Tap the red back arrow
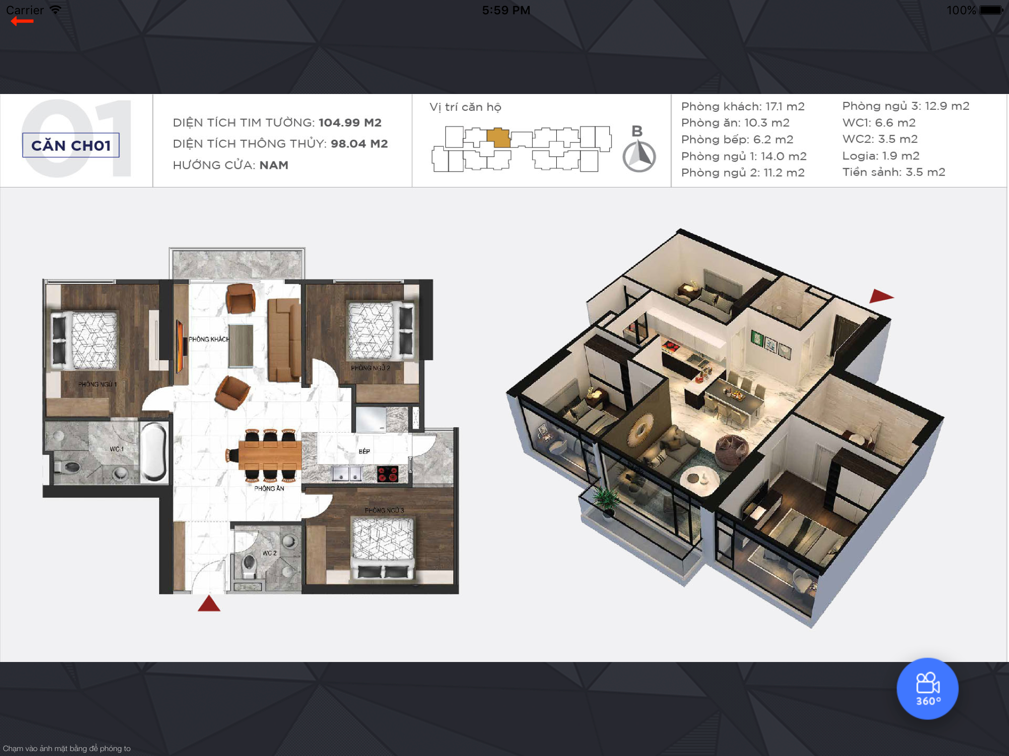[x=22, y=21]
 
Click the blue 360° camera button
[x=927, y=688]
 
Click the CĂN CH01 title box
[x=71, y=145]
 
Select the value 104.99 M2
[x=350, y=123]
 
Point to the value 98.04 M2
[x=359, y=144]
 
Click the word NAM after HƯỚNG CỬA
[x=274, y=165]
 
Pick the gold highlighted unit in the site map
[x=498, y=138]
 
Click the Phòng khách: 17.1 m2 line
[x=742, y=106]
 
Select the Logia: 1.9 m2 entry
[x=880, y=156]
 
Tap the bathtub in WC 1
[x=154, y=451]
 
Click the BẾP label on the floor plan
[x=364, y=451]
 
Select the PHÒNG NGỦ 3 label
[x=384, y=510]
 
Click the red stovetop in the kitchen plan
[x=388, y=474]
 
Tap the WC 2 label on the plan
[x=269, y=553]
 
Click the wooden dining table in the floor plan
[x=269, y=455]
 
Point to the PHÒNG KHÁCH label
[x=209, y=339]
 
